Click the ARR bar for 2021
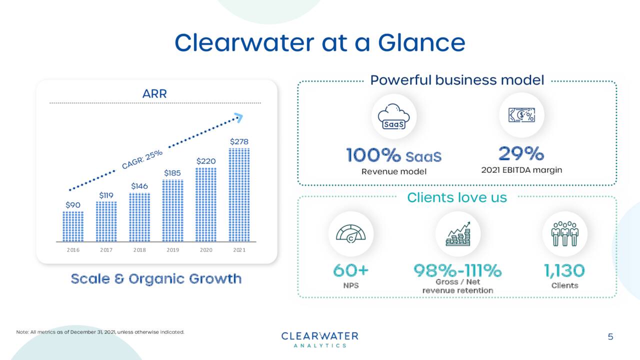pos(239,194)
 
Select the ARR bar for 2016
pos(73,226)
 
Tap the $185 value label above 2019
pos(172,173)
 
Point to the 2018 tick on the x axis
pos(139,250)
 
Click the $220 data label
pos(205,161)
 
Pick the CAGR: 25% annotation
pos(142,159)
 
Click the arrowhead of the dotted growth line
pos(239,118)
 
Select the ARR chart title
pos(154,93)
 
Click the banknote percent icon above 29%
pos(521,115)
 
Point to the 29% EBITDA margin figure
pos(521,154)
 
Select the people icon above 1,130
pos(564,233)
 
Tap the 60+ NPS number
pos(351,270)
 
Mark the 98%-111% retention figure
pos(457,270)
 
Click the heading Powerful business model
pos(457,80)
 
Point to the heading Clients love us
pos(457,197)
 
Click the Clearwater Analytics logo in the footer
pos(320,339)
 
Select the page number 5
pos(610,337)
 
